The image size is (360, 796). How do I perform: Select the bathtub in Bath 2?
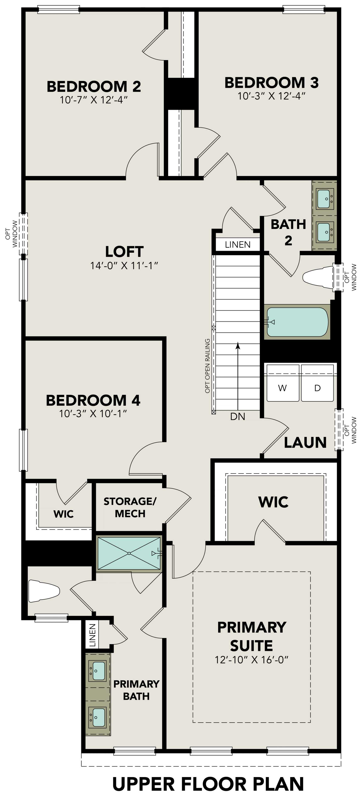point(297,322)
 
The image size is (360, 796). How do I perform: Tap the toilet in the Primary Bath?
point(44,591)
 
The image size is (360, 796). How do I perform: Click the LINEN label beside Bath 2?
point(238,245)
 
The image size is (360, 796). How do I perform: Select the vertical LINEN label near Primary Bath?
point(92,636)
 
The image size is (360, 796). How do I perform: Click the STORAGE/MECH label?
point(130,507)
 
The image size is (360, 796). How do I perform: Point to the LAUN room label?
point(305,443)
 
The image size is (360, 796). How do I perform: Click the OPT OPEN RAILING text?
point(207,366)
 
